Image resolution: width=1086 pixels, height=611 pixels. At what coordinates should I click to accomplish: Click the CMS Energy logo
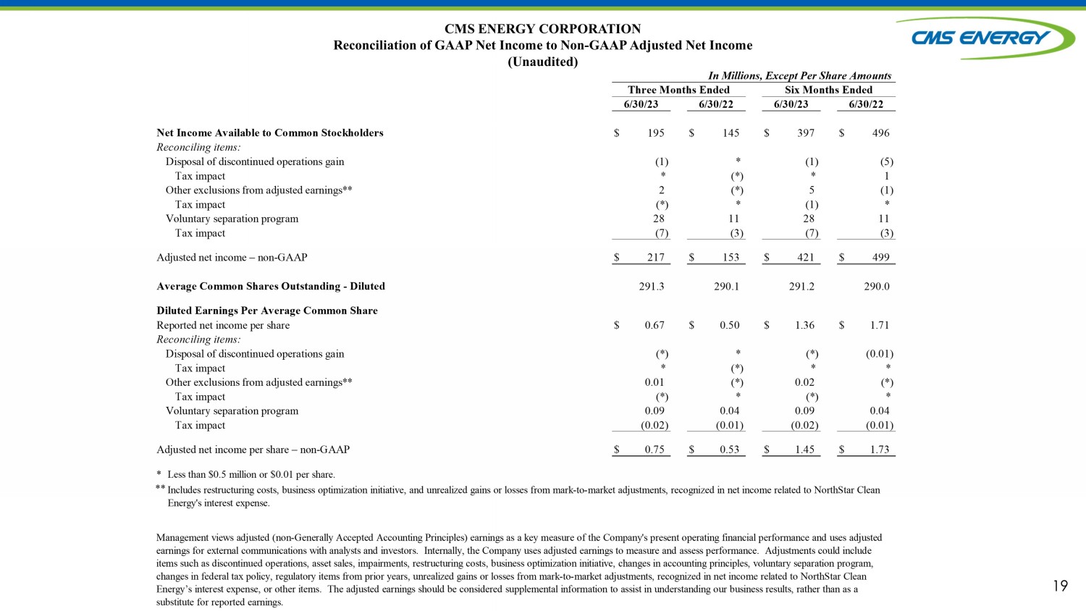tap(983, 38)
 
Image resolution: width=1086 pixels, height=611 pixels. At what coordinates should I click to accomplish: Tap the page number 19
tap(1060, 586)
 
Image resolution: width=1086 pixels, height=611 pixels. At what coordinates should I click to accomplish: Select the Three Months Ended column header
tap(678, 90)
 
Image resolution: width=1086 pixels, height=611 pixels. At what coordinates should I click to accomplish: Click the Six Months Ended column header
tap(828, 90)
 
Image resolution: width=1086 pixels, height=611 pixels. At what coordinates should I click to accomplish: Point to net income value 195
tap(656, 133)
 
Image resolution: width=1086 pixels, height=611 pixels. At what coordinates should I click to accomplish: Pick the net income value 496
tap(880, 133)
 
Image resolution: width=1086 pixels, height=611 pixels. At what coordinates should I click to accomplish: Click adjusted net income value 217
tap(656, 258)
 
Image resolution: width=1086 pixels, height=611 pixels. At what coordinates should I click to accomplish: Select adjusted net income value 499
tap(880, 258)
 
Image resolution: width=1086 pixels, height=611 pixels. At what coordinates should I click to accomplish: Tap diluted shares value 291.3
tap(652, 287)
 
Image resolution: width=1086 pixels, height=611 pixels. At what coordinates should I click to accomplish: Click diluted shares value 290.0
tap(877, 287)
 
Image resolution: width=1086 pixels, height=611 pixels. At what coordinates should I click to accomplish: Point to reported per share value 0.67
tap(654, 326)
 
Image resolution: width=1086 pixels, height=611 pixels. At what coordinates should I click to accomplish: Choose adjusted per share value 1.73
tap(880, 450)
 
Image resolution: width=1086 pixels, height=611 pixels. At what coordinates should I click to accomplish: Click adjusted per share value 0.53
tap(730, 450)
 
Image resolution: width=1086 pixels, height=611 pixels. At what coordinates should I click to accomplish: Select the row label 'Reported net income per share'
tap(223, 326)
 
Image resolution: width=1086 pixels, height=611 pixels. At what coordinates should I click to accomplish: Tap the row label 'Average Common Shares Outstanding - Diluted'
tap(271, 287)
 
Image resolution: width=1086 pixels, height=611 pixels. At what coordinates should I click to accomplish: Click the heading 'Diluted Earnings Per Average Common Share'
tap(267, 311)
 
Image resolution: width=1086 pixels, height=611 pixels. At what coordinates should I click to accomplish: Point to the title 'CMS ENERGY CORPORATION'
tap(542, 29)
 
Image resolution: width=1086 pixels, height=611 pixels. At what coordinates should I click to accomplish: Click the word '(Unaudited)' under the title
tap(542, 62)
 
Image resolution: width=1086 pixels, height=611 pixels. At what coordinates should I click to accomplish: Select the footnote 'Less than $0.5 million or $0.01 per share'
tap(251, 475)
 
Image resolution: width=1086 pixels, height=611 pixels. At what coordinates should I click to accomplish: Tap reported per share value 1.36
tap(804, 326)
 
